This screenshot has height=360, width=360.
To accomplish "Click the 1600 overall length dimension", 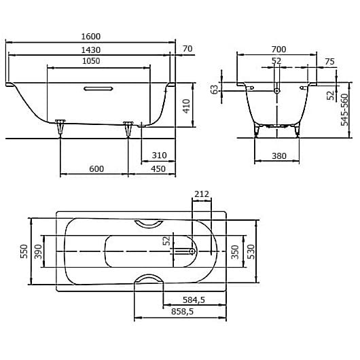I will tap(90, 37).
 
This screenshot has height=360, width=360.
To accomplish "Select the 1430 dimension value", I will tap(90, 50).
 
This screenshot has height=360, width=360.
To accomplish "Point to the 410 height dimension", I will tap(187, 105).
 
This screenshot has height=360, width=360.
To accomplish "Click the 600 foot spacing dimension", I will tap(96, 168).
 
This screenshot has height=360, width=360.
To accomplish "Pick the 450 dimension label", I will tap(158, 168).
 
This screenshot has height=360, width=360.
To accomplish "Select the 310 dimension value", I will tap(159, 156).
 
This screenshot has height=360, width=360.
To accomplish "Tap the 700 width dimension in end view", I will tap(278, 49).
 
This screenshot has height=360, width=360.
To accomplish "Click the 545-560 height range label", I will tap(344, 109).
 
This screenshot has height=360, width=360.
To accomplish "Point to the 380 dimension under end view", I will tap(278, 156).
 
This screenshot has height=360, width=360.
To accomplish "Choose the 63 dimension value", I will tap(215, 89).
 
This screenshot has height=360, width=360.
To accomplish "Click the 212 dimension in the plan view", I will tap(201, 194).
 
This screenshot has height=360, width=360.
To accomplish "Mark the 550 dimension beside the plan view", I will tap(24, 251).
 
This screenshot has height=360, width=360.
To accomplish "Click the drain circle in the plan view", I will tap(193, 251).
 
